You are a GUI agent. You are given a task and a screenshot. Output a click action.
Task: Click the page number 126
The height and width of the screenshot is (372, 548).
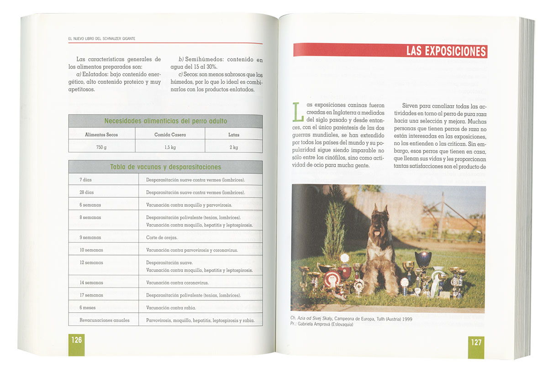[76, 340]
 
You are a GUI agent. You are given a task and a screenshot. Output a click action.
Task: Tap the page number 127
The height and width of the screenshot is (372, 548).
[476, 342]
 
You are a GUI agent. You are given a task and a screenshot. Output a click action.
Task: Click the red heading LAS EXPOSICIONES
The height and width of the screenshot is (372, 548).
[446, 51]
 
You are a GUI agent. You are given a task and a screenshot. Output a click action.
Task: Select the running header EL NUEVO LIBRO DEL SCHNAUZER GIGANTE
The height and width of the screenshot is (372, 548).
[101, 38]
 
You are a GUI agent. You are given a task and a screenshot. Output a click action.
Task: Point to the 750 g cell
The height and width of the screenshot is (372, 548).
[101, 147]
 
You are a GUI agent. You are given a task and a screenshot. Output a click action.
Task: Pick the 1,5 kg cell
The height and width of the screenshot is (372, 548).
[170, 147]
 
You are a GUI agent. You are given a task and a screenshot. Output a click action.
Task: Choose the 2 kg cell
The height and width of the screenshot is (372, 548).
[233, 147]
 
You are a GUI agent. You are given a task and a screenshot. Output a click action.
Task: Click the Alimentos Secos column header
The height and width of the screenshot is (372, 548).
[101, 135]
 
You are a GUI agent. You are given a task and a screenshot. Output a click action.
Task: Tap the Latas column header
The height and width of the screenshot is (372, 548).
[233, 135]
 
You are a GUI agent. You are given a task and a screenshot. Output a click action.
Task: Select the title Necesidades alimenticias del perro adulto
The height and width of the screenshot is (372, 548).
[165, 121]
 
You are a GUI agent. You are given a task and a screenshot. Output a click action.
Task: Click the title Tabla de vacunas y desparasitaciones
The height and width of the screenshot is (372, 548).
[165, 167]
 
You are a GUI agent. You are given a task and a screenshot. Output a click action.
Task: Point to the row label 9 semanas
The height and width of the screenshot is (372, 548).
[90, 237]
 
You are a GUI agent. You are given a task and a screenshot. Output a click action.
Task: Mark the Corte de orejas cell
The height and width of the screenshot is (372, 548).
[162, 237]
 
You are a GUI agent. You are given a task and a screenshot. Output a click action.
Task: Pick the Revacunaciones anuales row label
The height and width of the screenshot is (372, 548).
[104, 320]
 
